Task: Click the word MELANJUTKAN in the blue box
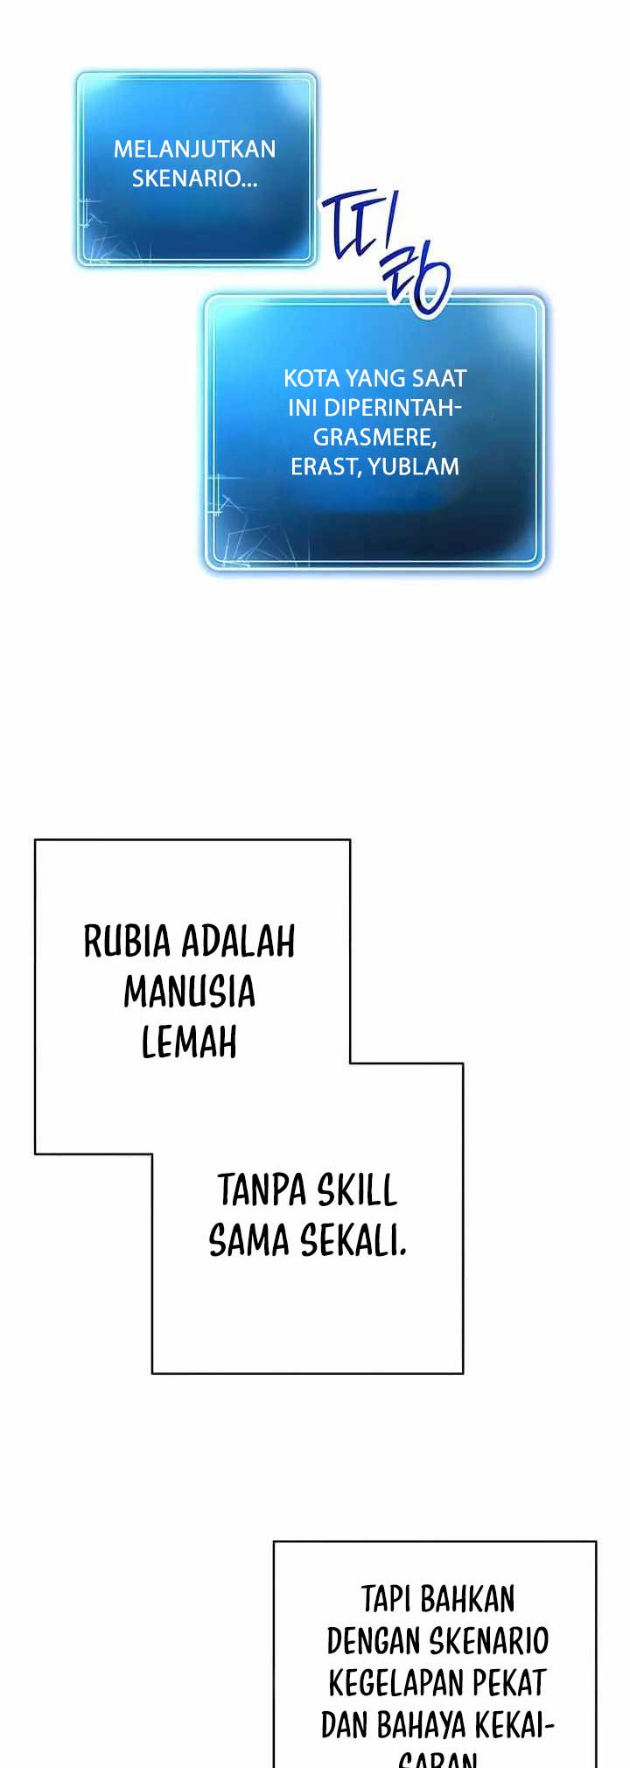pos(194,149)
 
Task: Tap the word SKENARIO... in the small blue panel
pos(194,179)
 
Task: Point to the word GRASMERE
pos(373,437)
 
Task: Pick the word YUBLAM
pos(414,466)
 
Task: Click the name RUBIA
pos(127,942)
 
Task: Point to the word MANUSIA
pos(189,993)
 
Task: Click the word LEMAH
pos(189,1042)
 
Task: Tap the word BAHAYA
pos(421,1724)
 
